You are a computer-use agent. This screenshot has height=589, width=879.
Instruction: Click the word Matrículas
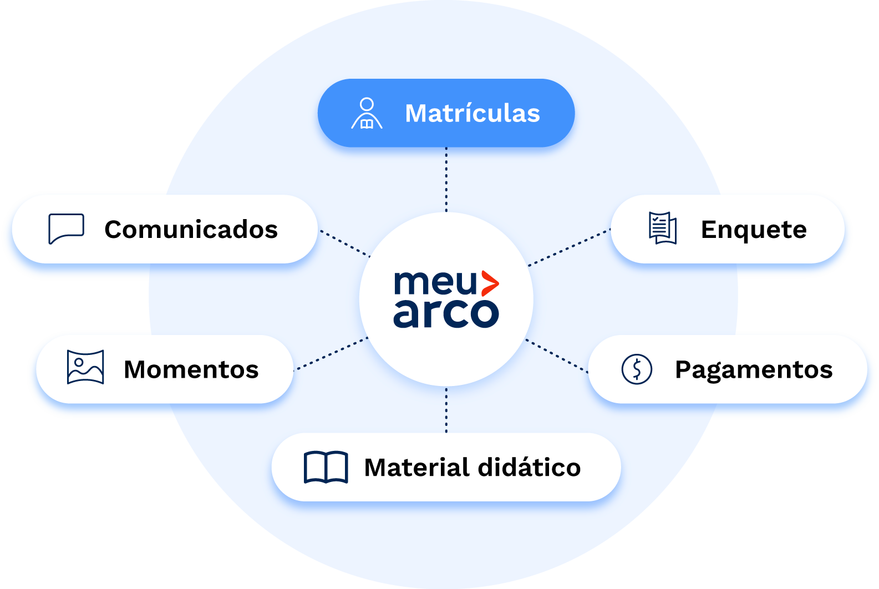point(472,113)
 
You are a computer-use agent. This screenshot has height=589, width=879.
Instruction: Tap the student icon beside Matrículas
point(367,113)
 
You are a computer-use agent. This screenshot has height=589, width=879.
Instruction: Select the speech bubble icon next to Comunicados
point(66,229)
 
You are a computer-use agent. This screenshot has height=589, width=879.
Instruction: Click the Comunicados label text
point(191,230)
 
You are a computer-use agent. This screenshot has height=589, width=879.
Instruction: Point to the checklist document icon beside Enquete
point(663,228)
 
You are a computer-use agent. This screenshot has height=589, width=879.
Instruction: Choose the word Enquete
point(754,230)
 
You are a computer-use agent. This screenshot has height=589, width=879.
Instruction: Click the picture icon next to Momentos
point(85,367)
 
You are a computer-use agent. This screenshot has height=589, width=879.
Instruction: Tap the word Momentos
point(191,369)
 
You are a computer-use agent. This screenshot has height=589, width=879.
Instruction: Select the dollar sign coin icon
point(637,369)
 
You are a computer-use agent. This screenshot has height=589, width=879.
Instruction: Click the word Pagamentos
point(754,370)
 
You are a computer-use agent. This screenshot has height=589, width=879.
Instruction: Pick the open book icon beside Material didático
point(326,467)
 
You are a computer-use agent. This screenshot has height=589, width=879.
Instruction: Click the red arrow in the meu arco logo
point(489,283)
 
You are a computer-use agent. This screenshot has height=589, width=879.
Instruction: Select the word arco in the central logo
point(446,313)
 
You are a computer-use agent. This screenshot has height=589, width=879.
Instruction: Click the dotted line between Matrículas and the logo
point(446,179)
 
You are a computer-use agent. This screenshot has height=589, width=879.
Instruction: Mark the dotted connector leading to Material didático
point(446,410)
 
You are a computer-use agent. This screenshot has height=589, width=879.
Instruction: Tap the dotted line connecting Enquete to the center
point(569,247)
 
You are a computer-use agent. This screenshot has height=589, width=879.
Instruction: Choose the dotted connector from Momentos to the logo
point(331,353)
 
